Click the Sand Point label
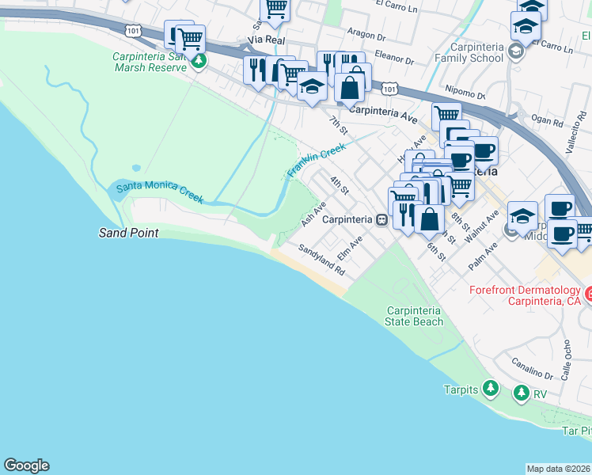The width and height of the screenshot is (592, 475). coord(128,233)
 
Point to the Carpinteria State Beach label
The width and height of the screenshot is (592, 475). coord(414,316)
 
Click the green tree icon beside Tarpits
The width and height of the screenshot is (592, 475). coord(491,389)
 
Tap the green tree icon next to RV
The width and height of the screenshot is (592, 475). coord(521,393)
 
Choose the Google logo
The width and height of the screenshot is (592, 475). coord(26,465)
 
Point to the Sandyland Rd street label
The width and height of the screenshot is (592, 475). coord(322,259)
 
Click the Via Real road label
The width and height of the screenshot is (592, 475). coord(265,39)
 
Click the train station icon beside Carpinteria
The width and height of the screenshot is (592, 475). coord(381,219)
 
